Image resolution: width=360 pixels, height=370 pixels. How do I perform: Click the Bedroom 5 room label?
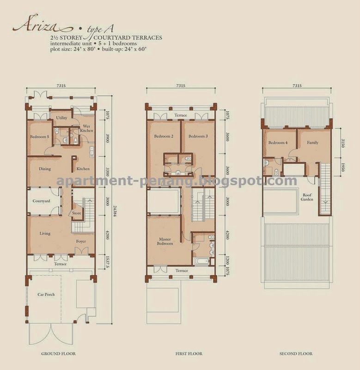point(40,136)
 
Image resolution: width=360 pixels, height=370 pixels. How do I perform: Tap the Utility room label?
point(61,118)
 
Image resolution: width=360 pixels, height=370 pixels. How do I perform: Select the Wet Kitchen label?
point(86,129)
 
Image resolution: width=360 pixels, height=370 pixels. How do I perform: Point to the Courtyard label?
point(41,201)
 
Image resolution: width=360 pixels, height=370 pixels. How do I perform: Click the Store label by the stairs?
point(77,213)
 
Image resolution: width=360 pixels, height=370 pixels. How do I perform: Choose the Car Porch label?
point(46,295)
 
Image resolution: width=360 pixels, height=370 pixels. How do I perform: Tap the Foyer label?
point(81,241)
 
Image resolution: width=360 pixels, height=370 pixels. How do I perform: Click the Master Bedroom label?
point(165,241)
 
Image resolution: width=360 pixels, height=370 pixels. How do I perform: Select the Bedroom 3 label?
point(198,136)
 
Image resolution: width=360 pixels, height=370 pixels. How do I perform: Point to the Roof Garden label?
point(307,197)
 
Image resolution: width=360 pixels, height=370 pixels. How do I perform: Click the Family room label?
point(312,142)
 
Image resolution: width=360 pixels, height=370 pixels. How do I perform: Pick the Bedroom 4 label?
point(278,142)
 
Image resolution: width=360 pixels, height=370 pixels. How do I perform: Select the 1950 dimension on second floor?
point(343,167)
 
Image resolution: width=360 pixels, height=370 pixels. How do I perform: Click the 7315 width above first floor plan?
point(181,86)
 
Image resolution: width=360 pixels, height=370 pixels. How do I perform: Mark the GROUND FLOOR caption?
point(59,353)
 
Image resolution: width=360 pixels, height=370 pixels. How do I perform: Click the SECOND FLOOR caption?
point(296,353)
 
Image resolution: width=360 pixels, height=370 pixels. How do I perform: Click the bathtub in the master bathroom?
point(201,261)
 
